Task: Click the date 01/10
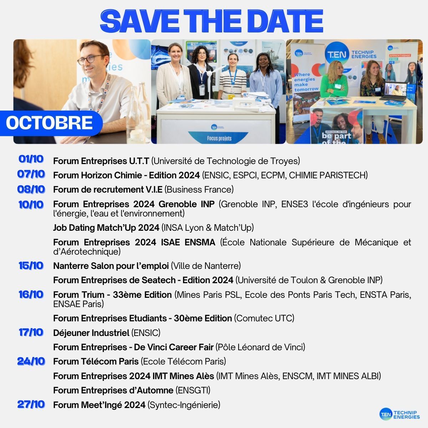click(31, 159)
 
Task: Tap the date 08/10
click(31, 189)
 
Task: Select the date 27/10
click(31, 404)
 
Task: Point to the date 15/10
click(31, 266)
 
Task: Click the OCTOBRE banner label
click(49, 123)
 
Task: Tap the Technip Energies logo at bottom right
click(400, 414)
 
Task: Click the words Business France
click(199, 190)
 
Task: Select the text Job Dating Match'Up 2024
click(106, 228)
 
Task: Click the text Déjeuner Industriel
click(91, 333)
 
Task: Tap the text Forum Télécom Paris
click(96, 361)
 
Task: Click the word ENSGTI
click(193, 390)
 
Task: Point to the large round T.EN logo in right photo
click(337, 54)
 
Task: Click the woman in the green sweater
click(334, 80)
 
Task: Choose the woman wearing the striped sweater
click(232, 77)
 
